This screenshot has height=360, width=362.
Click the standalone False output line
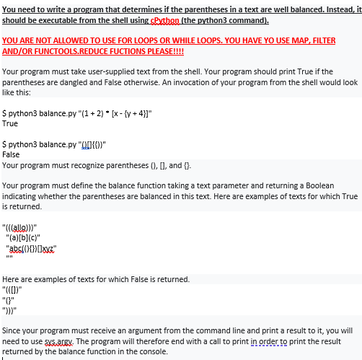point(12,154)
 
